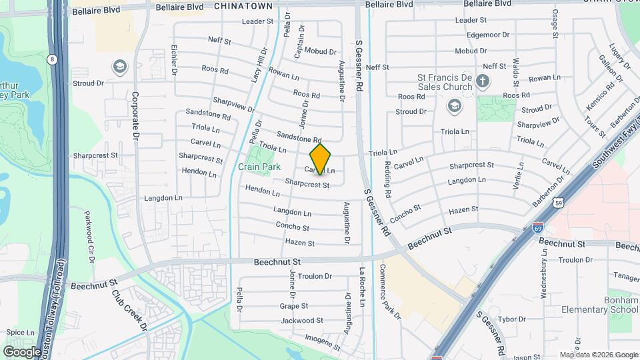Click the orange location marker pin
[321, 159]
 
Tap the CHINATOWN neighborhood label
[244, 5]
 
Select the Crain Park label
[259, 167]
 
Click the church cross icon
[483, 81]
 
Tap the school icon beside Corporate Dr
[120, 66]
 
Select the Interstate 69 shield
[538, 228]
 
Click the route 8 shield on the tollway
[52, 59]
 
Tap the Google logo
[22, 351]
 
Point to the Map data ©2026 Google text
[599, 355]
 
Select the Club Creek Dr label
[128, 310]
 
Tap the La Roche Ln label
[361, 287]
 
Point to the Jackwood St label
[297, 321]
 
